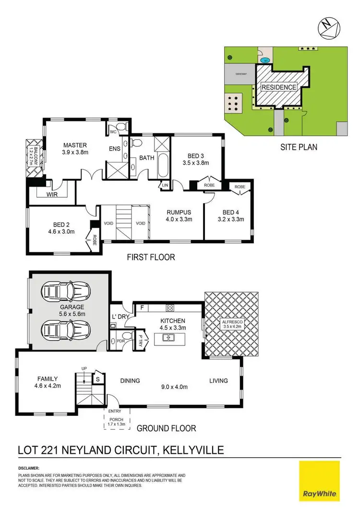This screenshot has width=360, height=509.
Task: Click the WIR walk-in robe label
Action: pyautogui.click(x=52, y=195)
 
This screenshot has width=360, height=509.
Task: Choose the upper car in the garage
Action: pyautogui.click(x=66, y=291)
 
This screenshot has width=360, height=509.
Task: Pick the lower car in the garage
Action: pyautogui.click(x=66, y=330)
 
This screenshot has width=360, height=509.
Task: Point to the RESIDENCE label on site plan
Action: pyautogui.click(x=279, y=87)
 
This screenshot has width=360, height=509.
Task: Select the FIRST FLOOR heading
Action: pyautogui.click(x=150, y=257)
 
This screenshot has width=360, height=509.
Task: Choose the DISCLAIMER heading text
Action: pyautogui.click(x=29, y=468)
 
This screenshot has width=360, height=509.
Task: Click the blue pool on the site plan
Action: pyautogui.click(x=265, y=60)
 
